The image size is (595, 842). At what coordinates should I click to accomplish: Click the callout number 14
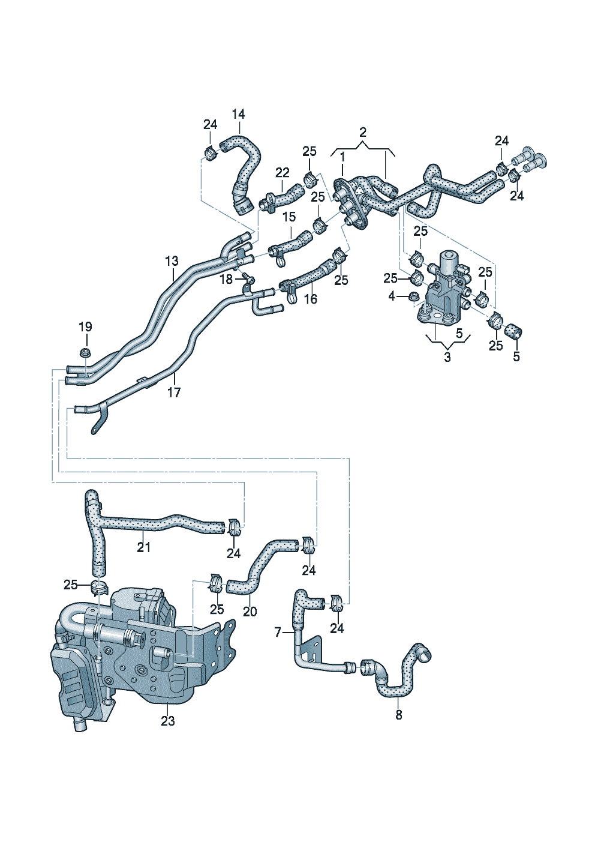[x=239, y=114]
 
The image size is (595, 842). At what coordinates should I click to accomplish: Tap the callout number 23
[x=167, y=720]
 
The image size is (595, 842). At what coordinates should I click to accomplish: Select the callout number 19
[x=85, y=327]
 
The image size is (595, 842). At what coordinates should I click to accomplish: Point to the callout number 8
[x=399, y=715]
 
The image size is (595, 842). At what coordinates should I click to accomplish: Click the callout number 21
[x=143, y=547]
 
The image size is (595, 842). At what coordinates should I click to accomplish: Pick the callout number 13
[x=172, y=261]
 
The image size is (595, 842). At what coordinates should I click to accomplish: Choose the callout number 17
[x=173, y=392]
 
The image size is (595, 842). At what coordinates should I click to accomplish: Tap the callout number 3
[x=447, y=358]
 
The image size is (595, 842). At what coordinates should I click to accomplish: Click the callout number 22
[x=283, y=173]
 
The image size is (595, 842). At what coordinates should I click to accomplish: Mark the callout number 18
[x=226, y=279]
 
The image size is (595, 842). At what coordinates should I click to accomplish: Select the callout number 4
[x=392, y=296]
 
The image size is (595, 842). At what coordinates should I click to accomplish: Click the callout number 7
[x=278, y=632]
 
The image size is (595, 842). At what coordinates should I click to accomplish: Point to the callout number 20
[x=250, y=612]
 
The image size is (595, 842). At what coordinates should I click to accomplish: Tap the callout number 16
[x=310, y=299]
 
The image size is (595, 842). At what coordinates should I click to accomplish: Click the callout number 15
[x=289, y=217]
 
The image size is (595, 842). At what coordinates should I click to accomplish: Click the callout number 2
[x=363, y=132]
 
